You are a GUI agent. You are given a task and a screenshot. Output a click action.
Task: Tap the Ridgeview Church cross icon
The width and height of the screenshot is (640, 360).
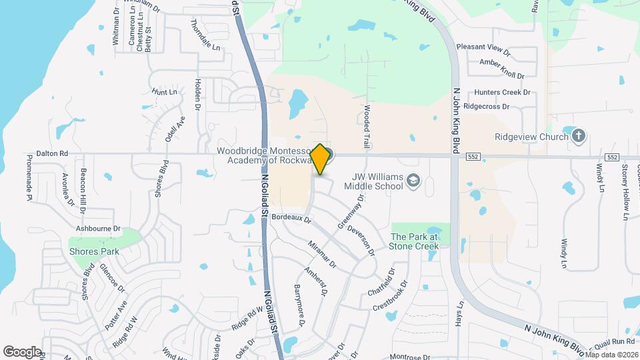tap(578, 137)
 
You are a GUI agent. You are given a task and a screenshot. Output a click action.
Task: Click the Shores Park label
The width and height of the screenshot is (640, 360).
tap(94, 251)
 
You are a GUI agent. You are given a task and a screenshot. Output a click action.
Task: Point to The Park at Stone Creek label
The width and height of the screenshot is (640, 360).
tap(415, 241)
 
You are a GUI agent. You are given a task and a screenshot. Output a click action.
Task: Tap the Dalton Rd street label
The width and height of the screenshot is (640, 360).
tap(55, 153)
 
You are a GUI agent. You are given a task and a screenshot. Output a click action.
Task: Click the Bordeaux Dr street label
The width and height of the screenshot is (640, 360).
tap(292, 217)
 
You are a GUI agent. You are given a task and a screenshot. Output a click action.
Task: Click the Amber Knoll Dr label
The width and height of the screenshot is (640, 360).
tap(502, 75)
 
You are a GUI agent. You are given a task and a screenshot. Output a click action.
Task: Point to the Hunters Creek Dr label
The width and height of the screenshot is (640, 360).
tap(502, 93)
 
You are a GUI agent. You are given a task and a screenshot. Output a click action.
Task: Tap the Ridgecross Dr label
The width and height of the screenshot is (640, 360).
tap(486, 106)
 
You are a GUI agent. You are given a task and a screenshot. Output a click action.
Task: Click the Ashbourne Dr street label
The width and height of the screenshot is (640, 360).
tap(98, 228)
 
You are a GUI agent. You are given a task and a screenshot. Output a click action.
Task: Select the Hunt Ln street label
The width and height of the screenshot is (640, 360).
tap(165, 91)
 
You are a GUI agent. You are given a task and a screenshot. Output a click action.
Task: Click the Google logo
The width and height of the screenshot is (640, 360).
tap(22, 352)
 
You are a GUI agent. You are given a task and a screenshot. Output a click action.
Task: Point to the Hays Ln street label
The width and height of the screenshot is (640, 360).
tap(459, 314)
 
